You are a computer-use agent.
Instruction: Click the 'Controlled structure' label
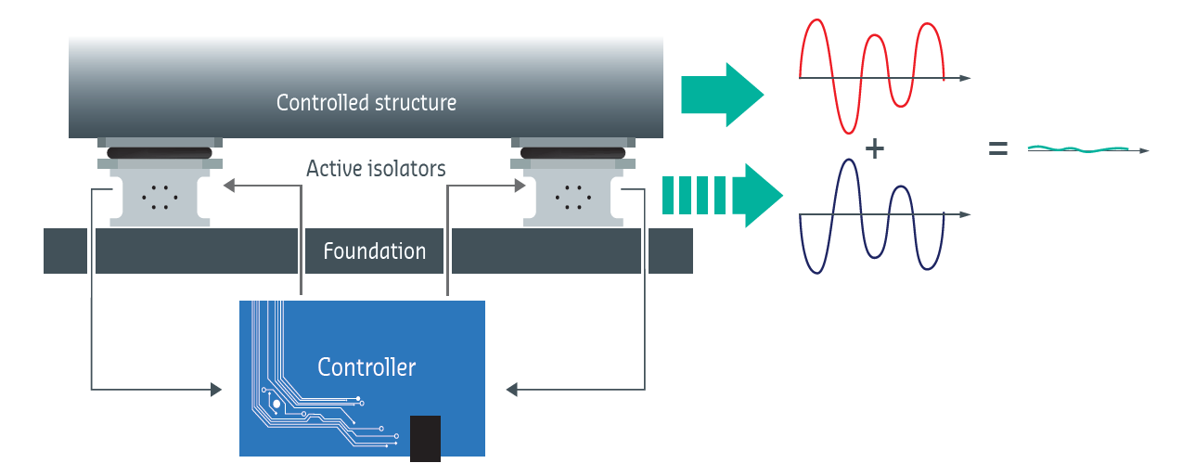pyautogui.click(x=366, y=102)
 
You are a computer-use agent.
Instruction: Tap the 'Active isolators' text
pyautogui.click(x=376, y=169)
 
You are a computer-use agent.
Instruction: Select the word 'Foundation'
pyautogui.click(x=375, y=251)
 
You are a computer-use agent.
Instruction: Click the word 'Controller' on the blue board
pyautogui.click(x=366, y=367)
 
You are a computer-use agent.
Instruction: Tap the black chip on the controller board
pyautogui.click(x=425, y=439)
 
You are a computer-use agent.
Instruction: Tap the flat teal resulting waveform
pyautogui.click(x=1078, y=149)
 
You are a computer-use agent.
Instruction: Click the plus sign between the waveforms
pyautogui.click(x=874, y=148)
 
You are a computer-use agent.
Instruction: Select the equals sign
pyautogui.click(x=997, y=148)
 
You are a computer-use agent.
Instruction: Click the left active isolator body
pyautogui.click(x=160, y=198)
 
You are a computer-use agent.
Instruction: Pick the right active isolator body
pyautogui.click(x=573, y=198)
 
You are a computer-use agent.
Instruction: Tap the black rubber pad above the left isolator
pyautogui.click(x=160, y=153)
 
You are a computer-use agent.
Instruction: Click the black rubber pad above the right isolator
pyautogui.click(x=573, y=153)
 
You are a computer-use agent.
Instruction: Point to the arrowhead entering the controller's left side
pyautogui.click(x=216, y=390)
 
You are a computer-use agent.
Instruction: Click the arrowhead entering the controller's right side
pyautogui.click(x=511, y=390)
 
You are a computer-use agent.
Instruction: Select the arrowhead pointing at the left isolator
pyautogui.click(x=229, y=186)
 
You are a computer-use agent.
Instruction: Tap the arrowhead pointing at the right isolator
pyautogui.click(x=520, y=186)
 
